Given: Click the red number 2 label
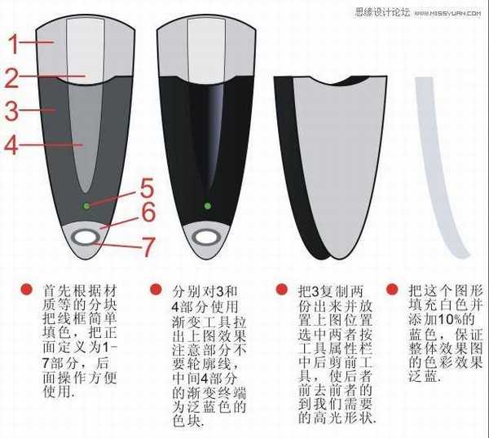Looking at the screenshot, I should tap(11, 77).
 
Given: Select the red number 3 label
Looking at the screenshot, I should tap(11, 107).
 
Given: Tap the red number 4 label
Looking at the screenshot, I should tap(11, 146).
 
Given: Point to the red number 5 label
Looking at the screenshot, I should tap(146, 189).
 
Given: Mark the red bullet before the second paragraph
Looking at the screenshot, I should tap(156, 290).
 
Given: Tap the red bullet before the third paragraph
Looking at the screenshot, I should tap(281, 290).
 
